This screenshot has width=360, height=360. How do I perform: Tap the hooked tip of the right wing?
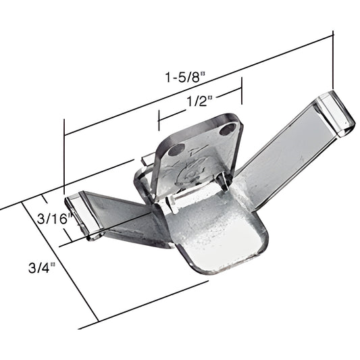click(338, 111)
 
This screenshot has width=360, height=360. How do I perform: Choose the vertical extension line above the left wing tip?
click(64, 155)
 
